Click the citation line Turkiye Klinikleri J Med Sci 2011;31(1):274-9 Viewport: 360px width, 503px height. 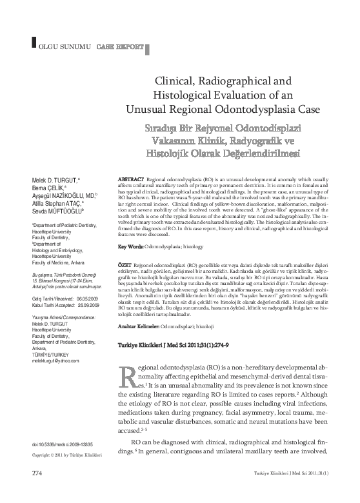pyautogui.click(x=174, y=346)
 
